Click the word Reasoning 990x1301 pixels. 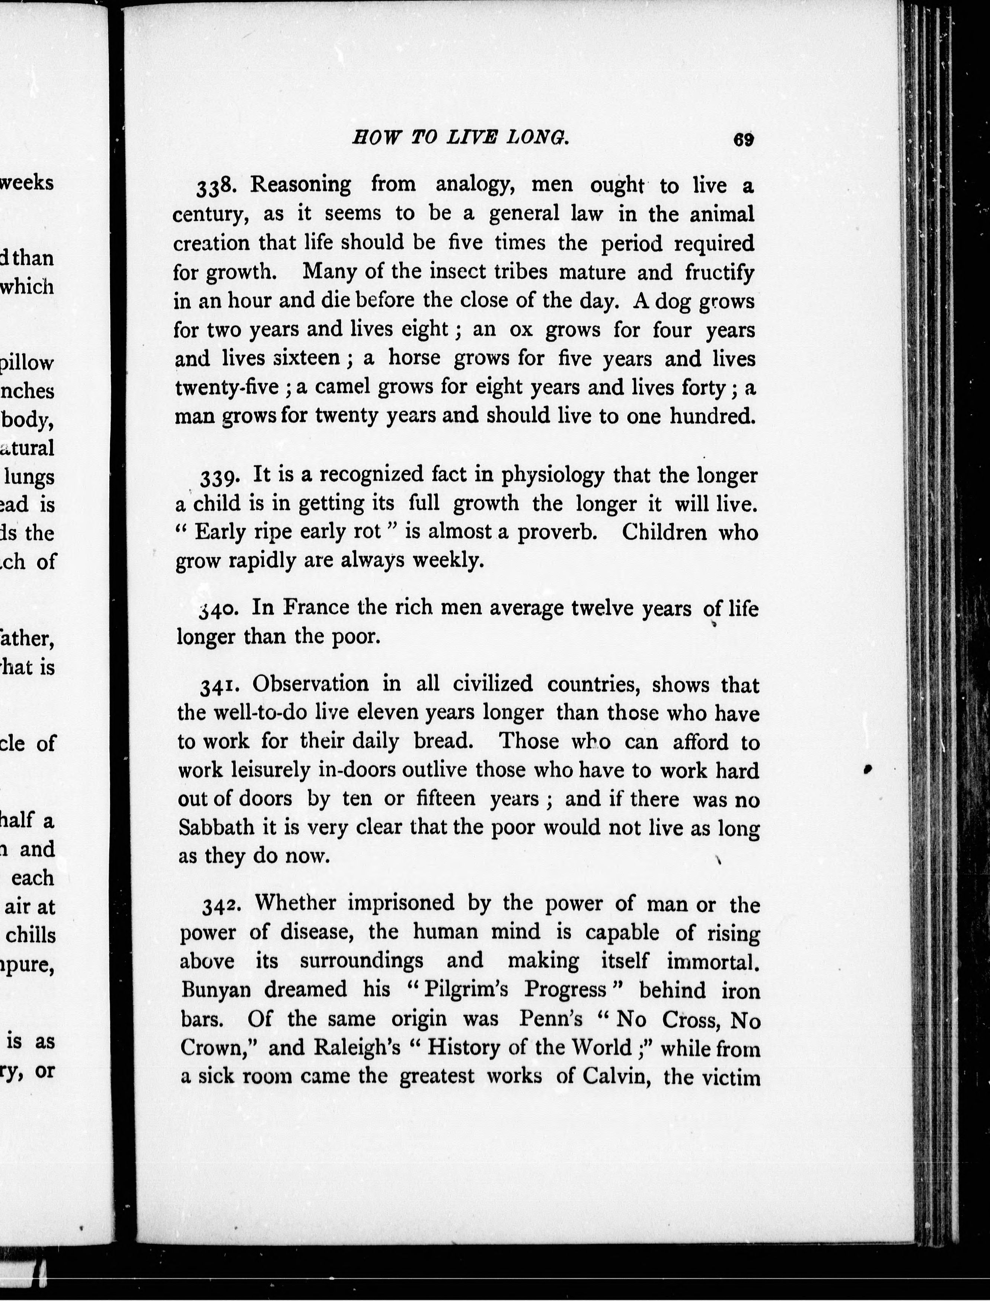[301, 186]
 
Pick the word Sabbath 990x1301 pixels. [216, 827]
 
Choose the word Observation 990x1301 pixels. [310, 684]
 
